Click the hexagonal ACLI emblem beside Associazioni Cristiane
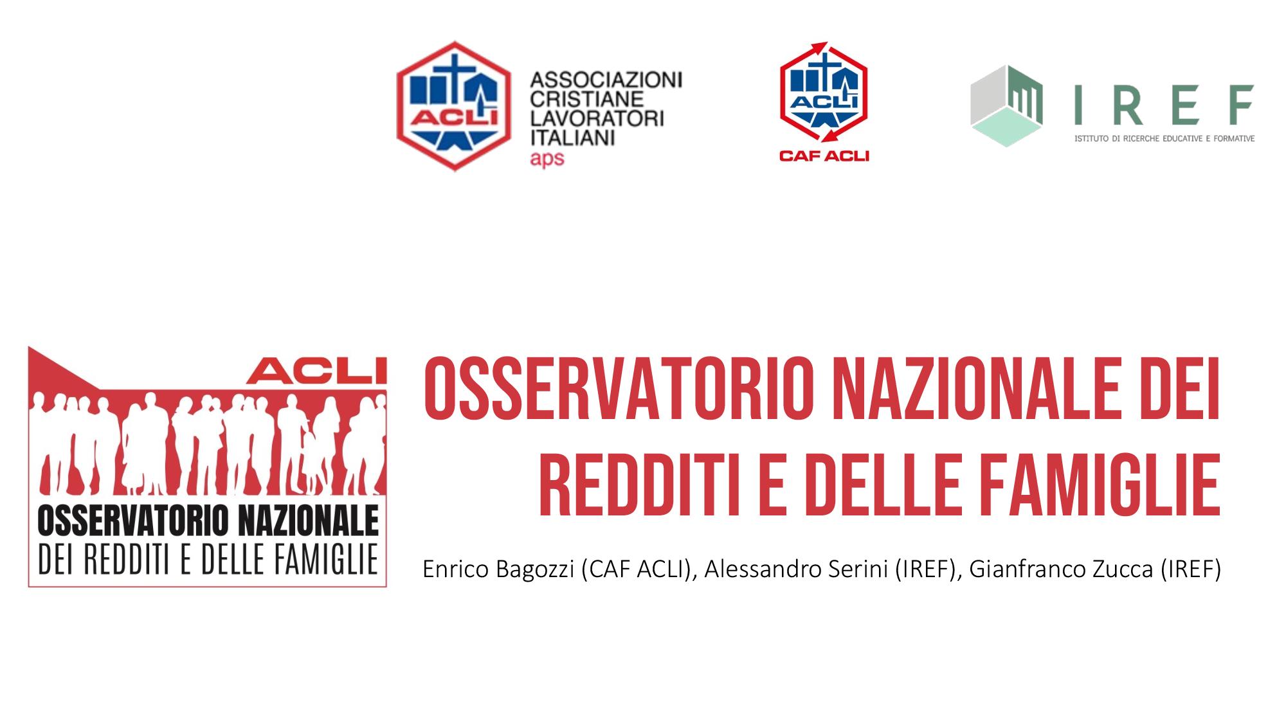454,106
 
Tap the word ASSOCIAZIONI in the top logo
605,80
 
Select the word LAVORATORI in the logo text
597,119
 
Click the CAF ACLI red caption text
824,155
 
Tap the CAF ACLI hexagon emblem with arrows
824,94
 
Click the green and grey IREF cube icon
1006,106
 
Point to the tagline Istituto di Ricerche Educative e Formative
1164,138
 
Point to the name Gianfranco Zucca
1061,569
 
